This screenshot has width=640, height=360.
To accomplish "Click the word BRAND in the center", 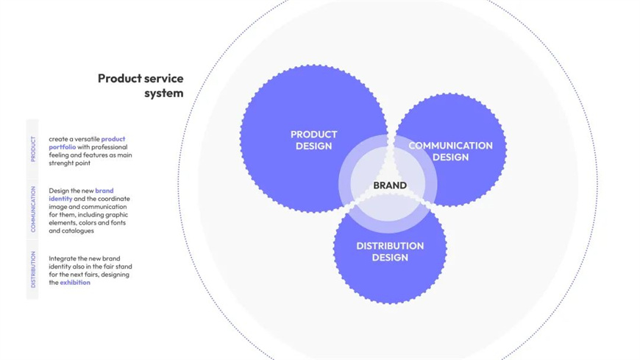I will click(x=390, y=186).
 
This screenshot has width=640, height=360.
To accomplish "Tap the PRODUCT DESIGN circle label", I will click(x=313, y=140).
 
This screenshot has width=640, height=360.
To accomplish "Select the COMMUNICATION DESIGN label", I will click(x=450, y=151).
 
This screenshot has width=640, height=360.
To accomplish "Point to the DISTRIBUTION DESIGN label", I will click(x=390, y=252).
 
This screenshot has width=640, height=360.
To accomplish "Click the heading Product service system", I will click(x=141, y=85).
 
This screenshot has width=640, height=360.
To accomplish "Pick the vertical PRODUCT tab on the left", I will click(x=32, y=149).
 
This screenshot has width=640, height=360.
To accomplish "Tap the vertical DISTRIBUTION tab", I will click(x=32, y=269).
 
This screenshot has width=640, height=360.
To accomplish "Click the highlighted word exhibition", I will click(x=75, y=283).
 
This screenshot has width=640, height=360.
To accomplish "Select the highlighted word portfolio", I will click(x=63, y=147).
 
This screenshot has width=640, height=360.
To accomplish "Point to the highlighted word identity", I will click(x=61, y=199).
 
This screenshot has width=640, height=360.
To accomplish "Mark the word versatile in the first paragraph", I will click(x=85, y=138).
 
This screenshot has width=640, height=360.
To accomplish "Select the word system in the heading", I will click(x=163, y=93).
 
